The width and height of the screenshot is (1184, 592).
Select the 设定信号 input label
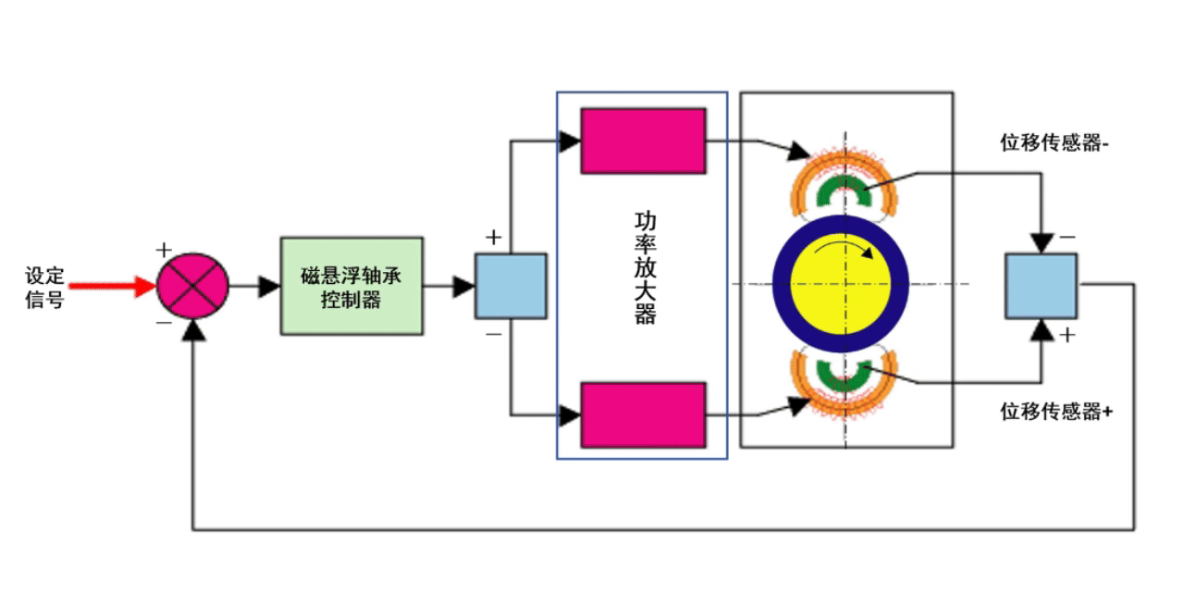coord(44,287)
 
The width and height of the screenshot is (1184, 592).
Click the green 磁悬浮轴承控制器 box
coord(351,286)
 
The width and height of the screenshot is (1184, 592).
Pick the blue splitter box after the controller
coord(510,286)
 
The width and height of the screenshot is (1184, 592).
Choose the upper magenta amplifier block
coord(643,141)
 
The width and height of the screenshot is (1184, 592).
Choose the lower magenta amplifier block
coord(643,414)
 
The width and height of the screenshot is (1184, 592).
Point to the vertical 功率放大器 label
coord(645,268)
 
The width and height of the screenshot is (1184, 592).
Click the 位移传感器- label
coord(1054,143)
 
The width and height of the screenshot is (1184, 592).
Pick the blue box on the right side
coord(1041,286)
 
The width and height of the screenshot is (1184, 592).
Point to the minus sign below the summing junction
coord(164,323)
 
